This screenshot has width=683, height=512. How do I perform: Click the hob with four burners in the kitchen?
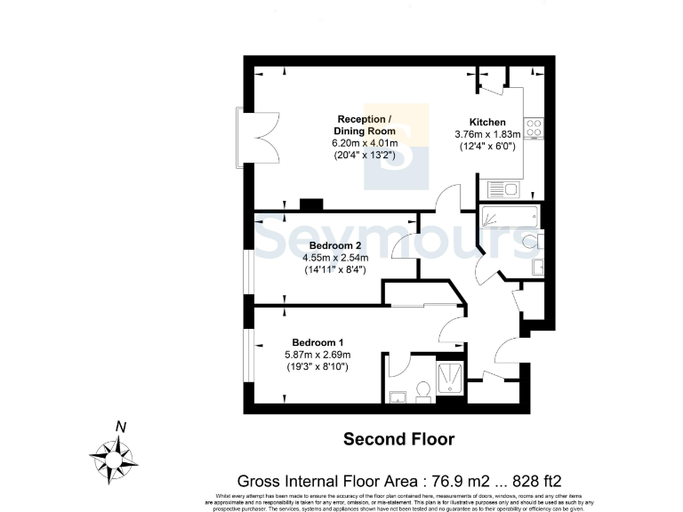[535, 128]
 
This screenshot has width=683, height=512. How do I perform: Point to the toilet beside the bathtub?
[531, 239]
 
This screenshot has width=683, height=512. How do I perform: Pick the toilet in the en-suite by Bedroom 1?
[423, 390]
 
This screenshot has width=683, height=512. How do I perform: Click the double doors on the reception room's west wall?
[246, 136]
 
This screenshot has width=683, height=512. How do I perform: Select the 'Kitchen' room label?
[487, 122]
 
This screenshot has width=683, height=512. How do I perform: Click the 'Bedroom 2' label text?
[334, 245]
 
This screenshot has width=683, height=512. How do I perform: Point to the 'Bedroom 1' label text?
[317, 342]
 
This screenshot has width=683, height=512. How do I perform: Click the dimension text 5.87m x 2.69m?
[317, 354]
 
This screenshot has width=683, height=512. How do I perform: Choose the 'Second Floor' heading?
[398, 439]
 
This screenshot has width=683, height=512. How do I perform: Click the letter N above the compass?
[119, 427]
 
